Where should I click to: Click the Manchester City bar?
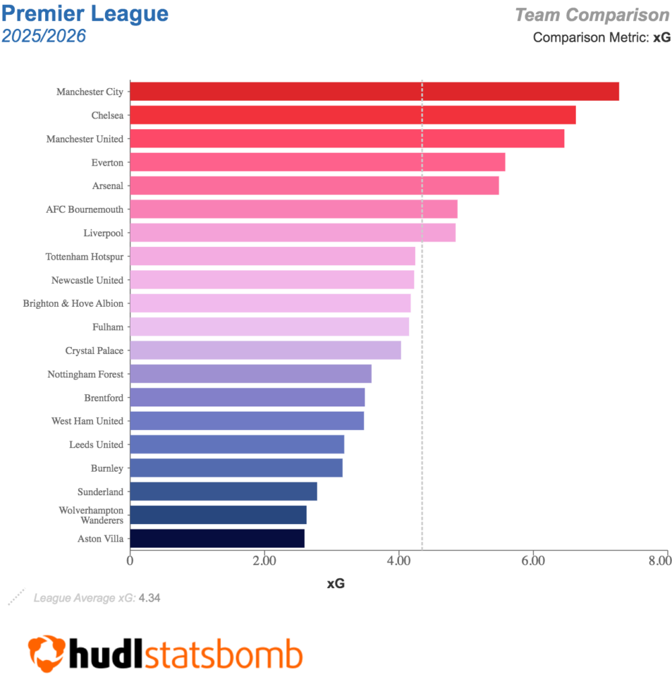point(374,92)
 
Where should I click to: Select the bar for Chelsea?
point(352,115)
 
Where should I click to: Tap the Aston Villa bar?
point(217,538)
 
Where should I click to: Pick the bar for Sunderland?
point(223,491)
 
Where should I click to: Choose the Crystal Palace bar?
point(265,351)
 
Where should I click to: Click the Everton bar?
point(317,162)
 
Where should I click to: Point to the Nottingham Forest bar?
point(250,374)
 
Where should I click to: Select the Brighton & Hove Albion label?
point(73,303)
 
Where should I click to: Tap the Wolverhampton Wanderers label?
point(91,515)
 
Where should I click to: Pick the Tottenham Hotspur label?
point(85,256)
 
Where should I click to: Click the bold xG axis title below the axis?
point(336,584)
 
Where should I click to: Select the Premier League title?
point(85,13)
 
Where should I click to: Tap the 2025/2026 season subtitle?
point(44,36)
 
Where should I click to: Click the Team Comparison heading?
point(592,14)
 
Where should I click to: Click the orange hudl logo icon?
point(46,653)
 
